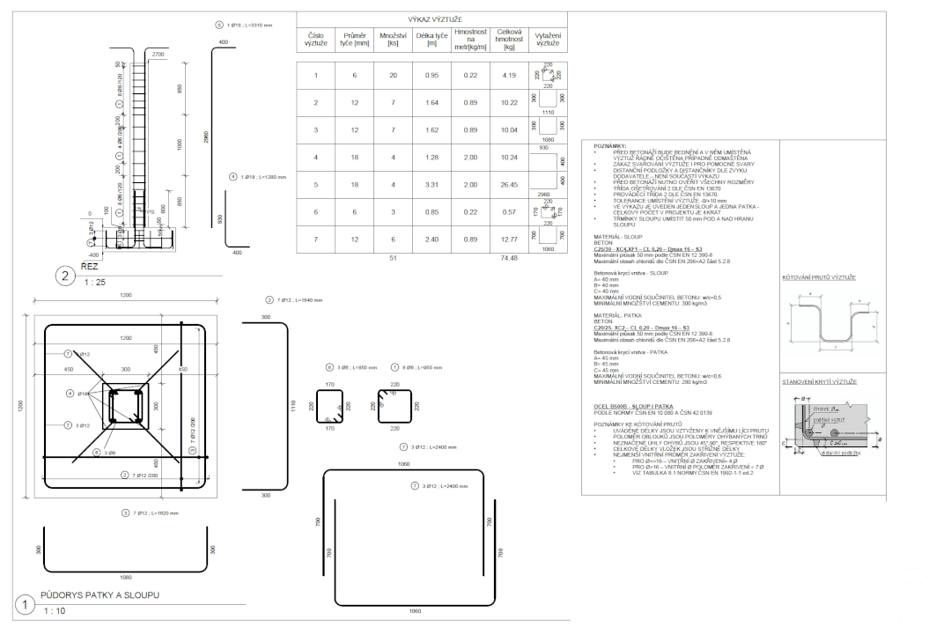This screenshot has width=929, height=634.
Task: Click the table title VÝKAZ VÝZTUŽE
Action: (431, 18)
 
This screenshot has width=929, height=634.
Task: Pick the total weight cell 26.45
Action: (508, 185)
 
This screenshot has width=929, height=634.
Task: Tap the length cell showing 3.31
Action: (432, 185)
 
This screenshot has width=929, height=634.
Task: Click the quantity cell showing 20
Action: (393, 75)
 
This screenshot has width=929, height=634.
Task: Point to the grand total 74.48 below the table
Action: (508, 258)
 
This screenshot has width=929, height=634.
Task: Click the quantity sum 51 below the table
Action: (393, 258)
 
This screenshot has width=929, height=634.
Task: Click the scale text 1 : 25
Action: (93, 283)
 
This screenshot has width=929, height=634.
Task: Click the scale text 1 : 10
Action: (55, 609)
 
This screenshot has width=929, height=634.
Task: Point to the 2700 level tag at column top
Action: (158, 55)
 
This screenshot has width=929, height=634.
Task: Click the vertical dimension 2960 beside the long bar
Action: (204, 136)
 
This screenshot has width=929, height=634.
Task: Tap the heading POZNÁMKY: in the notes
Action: (610, 145)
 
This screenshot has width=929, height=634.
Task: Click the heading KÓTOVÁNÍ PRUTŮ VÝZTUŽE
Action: (819, 277)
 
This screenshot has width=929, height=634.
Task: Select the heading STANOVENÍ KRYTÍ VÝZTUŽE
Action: (819, 381)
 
